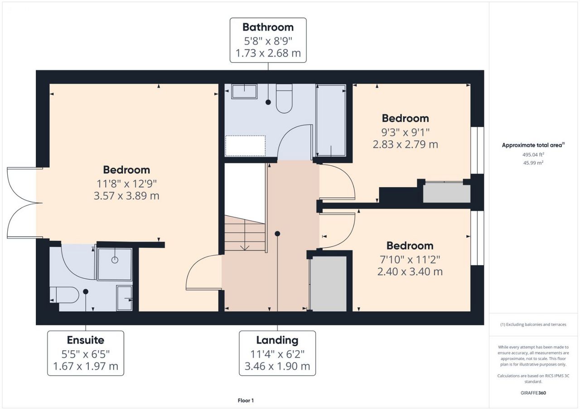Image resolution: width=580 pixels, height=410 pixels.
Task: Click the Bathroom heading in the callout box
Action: coord(268,27)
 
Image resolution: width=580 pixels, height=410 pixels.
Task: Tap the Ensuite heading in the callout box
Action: coord(86,340)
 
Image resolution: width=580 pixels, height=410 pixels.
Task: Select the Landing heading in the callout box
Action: coord(277,340)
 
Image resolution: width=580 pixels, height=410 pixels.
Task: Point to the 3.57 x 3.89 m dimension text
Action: coord(126,195)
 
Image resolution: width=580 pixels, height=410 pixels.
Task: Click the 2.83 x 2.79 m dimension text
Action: coord(406,144)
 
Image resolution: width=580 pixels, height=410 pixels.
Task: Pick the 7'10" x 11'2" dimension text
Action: coord(410,259)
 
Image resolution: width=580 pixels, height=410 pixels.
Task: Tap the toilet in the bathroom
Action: coord(284,99)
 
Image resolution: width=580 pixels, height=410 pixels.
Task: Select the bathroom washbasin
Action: coord(244,91)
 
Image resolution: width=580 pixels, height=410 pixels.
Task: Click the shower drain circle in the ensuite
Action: coord(115,260)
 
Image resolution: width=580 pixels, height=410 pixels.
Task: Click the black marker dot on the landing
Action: coord(277,234)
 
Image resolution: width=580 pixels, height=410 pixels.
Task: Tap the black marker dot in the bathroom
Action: coord(268,102)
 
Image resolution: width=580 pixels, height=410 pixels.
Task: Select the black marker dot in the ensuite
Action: coord(86,291)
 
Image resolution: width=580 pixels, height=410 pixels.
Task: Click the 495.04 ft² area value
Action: coord(533,155)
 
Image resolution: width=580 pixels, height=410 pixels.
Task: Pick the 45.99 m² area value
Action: coord(533,163)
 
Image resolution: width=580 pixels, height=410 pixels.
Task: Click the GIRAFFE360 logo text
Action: coord(533,393)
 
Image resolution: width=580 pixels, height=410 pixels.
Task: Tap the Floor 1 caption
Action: coord(246,400)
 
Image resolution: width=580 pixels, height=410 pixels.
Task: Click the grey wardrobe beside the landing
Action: coord(329,284)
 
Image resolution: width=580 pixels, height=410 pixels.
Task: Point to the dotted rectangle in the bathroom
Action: coord(245,146)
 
